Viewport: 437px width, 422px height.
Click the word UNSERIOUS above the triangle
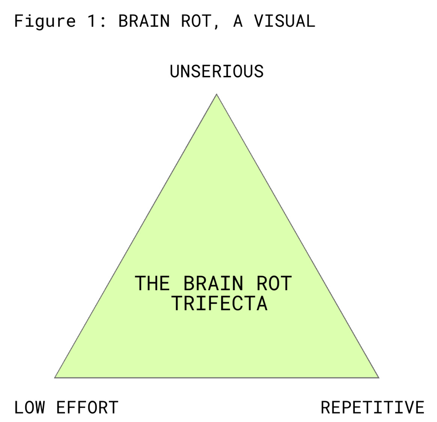coord(217,71)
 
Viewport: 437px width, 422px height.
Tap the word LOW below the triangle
coord(30,408)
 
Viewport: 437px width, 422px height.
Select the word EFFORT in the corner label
coord(87,408)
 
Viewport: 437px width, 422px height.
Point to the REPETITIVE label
coord(372,408)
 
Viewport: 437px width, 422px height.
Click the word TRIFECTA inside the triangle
coord(220,303)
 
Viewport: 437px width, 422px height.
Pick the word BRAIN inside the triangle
coord(213,283)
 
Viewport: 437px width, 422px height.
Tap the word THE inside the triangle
coord(152,283)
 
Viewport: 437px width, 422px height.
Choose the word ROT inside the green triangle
coord(274,283)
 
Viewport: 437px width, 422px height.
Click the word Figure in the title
coord(45,21)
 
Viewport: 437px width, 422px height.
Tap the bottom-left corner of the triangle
coord(55,377)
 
